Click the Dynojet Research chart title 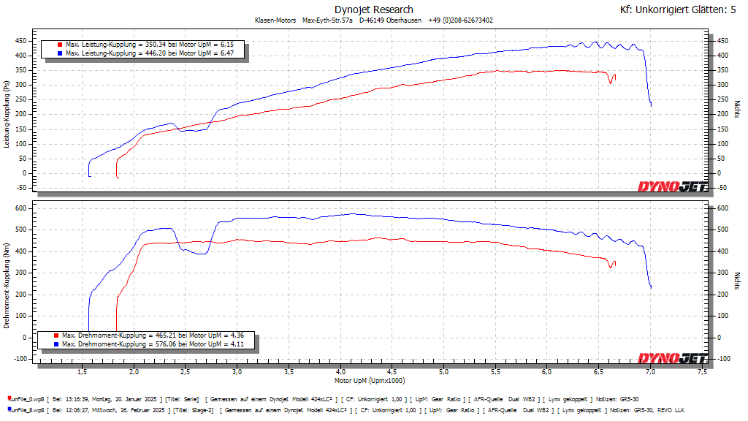(x=373, y=10)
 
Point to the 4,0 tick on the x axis (x=341, y=372)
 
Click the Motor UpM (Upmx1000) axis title (x=370, y=381)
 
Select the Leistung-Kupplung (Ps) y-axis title (x=7, y=115)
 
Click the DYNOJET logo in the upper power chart (x=672, y=186)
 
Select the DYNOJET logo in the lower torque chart (x=672, y=357)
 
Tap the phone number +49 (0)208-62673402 (x=460, y=20)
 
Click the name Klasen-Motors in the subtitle (x=275, y=20)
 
